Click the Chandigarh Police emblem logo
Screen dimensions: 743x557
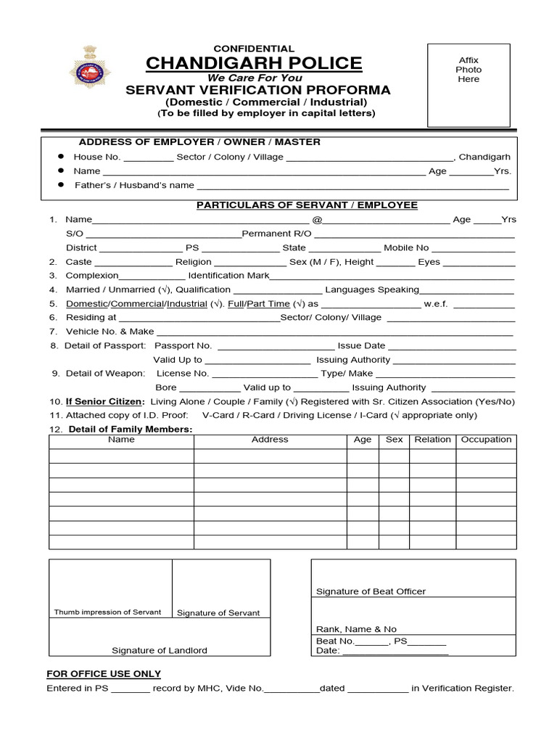tap(91, 69)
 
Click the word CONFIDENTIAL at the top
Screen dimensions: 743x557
tap(253, 49)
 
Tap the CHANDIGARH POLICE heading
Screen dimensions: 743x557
tap(254, 64)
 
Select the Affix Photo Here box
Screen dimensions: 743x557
tap(468, 84)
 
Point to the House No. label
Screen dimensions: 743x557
tap(96, 157)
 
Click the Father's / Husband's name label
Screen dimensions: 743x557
tap(134, 185)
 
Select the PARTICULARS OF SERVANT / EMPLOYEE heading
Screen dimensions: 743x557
tap(308, 205)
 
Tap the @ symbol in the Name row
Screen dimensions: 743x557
tap(316, 220)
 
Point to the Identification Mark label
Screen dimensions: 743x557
tap(228, 276)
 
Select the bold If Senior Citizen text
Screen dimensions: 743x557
tap(105, 401)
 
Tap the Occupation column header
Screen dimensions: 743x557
tap(486, 440)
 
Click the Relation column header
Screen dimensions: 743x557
tap(432, 440)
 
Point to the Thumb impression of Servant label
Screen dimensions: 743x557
tap(107, 612)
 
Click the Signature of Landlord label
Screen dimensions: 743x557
tap(159, 650)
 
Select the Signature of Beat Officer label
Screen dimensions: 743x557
tap(371, 591)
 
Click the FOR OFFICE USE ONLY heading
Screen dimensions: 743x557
tap(104, 674)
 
